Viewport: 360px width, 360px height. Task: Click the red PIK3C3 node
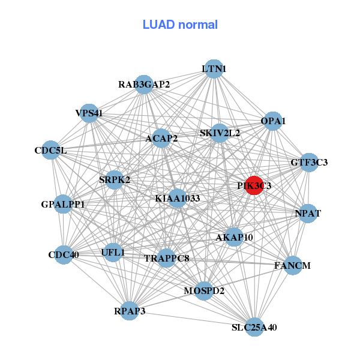pyautogui.click(x=254, y=185)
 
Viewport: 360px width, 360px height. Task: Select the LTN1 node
pyautogui.click(x=213, y=69)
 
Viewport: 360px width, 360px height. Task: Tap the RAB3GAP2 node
pyautogui.click(x=144, y=85)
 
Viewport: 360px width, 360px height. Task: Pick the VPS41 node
pyautogui.click(x=89, y=113)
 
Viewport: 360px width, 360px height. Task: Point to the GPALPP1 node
pyautogui.click(x=63, y=205)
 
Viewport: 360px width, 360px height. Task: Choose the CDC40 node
pyautogui.click(x=64, y=254)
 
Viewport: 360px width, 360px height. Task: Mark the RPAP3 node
pyautogui.click(x=130, y=311)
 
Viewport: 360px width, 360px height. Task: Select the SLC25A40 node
pyautogui.click(x=254, y=327)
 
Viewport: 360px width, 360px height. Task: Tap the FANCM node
pyautogui.click(x=293, y=265)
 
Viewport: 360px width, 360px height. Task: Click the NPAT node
pyautogui.click(x=308, y=214)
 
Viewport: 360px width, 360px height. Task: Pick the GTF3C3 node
pyautogui.click(x=309, y=162)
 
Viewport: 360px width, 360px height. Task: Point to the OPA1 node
pyautogui.click(x=273, y=121)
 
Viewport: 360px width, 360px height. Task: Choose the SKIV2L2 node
pyautogui.click(x=220, y=133)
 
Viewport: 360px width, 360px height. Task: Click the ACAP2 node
pyautogui.click(x=161, y=139)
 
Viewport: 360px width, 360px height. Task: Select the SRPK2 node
pyautogui.click(x=115, y=179)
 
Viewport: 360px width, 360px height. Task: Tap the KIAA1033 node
pyautogui.click(x=177, y=198)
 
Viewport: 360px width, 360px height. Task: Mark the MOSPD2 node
pyautogui.click(x=204, y=291)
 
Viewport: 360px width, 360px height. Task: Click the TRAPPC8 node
pyautogui.click(x=167, y=259)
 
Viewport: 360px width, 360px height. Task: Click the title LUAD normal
pyautogui.click(x=180, y=25)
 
